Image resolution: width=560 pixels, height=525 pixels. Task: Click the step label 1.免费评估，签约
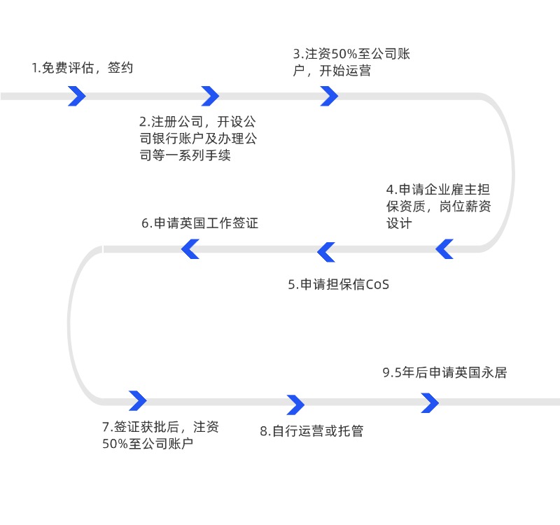pos(83,68)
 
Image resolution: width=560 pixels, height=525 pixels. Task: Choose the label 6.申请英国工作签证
pos(200,223)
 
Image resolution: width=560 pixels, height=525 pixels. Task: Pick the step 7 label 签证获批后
pos(160,435)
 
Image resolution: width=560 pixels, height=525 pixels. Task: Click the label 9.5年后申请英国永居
pos(444,372)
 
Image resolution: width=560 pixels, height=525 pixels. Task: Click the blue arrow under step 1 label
pos(77,96)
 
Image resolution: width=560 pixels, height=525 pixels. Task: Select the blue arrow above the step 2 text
pos(210,96)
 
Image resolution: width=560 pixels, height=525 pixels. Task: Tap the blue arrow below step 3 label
pos(329,96)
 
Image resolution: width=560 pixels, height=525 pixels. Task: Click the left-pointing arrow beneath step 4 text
pos(444,248)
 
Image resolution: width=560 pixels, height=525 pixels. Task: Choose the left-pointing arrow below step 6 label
pos(190,248)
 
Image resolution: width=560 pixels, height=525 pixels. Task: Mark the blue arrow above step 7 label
pos(138,400)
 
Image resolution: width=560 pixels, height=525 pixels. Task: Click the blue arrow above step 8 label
pos(296,405)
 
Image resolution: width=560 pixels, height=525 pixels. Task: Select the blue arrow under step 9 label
pos(430,402)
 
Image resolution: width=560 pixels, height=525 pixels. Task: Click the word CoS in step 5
pos(377,285)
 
